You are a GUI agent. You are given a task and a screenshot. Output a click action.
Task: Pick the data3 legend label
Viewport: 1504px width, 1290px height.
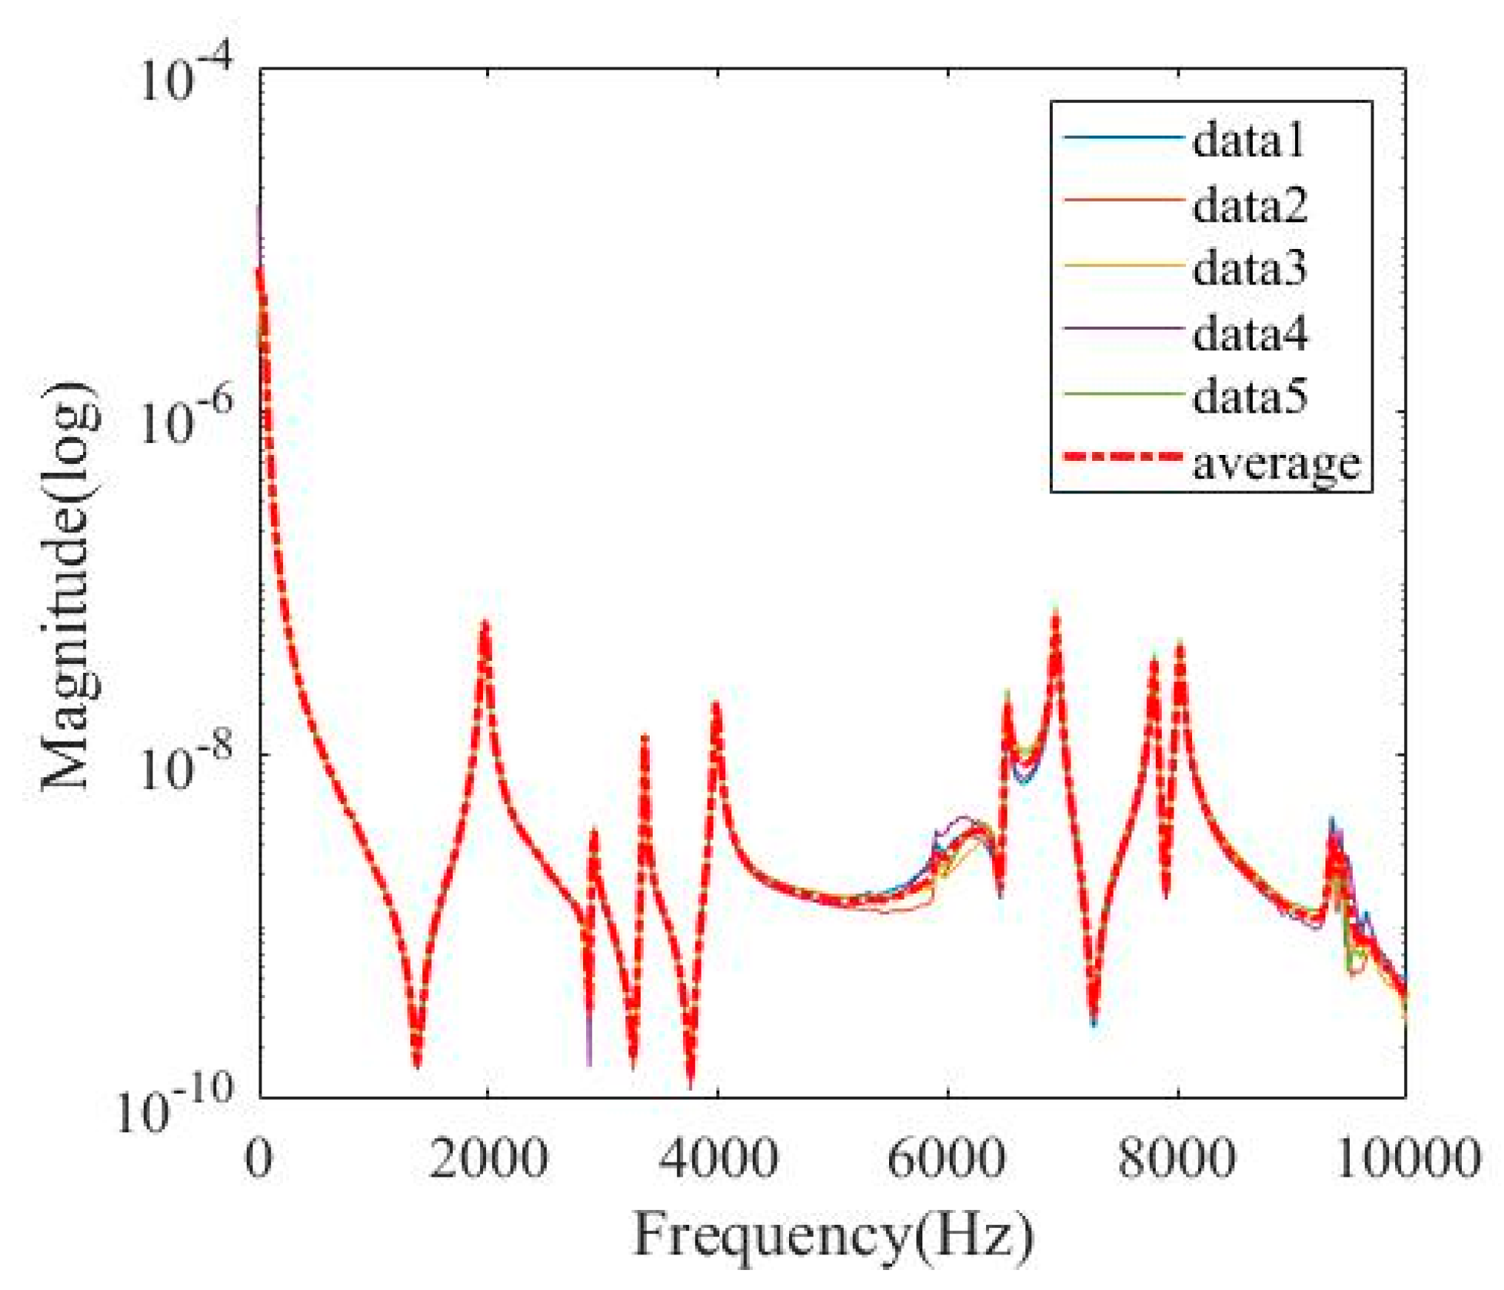click(x=1250, y=268)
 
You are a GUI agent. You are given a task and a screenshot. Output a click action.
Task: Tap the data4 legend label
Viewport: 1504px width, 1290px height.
click(x=1250, y=333)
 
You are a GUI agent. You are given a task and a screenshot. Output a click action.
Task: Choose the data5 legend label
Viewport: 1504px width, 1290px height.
click(x=1250, y=397)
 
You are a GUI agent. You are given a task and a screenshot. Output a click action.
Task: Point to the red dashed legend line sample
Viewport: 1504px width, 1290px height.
click(x=1122, y=457)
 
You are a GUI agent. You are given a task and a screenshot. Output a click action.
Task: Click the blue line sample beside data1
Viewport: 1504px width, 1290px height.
click(x=1122, y=137)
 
